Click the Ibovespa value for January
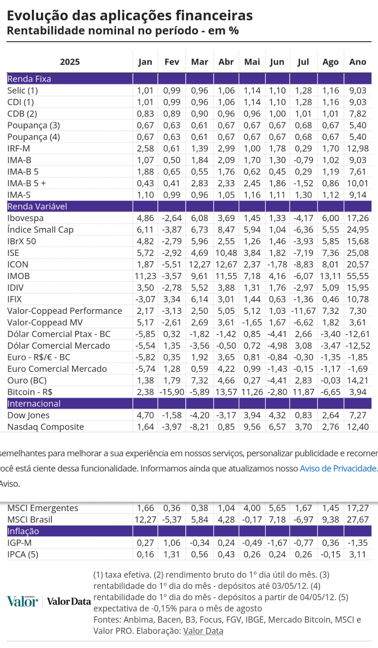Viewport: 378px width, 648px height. tap(145, 218)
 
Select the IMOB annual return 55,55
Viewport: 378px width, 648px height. tap(358, 276)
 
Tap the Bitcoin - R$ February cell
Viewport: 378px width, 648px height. tap(172, 392)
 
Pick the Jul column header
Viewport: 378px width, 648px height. tap(303, 62)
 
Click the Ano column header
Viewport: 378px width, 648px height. tap(358, 62)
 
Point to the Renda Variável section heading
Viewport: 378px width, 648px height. tap(37, 206)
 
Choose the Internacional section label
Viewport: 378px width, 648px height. tap(34, 403)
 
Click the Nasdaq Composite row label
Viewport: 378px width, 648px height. tap(46, 427)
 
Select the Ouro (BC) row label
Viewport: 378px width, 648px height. tap(27, 380)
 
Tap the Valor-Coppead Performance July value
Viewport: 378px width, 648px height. tap(303, 311)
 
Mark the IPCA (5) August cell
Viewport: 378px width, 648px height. tap(331, 554)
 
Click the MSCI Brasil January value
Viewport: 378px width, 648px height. tap(145, 520)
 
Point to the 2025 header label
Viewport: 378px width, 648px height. tap(70, 62)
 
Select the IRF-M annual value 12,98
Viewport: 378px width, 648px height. tap(358, 148)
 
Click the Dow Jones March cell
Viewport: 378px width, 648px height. tap(200, 415)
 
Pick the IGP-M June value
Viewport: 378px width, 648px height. tap(277, 543)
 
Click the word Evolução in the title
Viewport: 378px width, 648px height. tap(38, 16)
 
